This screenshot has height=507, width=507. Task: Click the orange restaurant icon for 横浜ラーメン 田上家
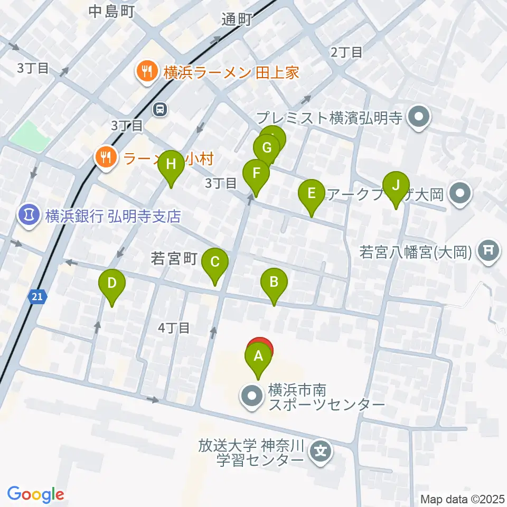coord(146,72)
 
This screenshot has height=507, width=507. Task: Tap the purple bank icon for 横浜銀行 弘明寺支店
coord(28,215)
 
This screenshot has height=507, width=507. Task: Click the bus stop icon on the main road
coord(159,109)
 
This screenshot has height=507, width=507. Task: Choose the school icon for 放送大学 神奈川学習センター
coord(321,451)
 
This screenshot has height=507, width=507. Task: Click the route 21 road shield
coord(35,298)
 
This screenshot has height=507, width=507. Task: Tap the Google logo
coord(36,494)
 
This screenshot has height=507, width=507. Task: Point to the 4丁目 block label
coord(174,328)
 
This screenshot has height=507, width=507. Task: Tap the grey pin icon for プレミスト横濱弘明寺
coord(420,117)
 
